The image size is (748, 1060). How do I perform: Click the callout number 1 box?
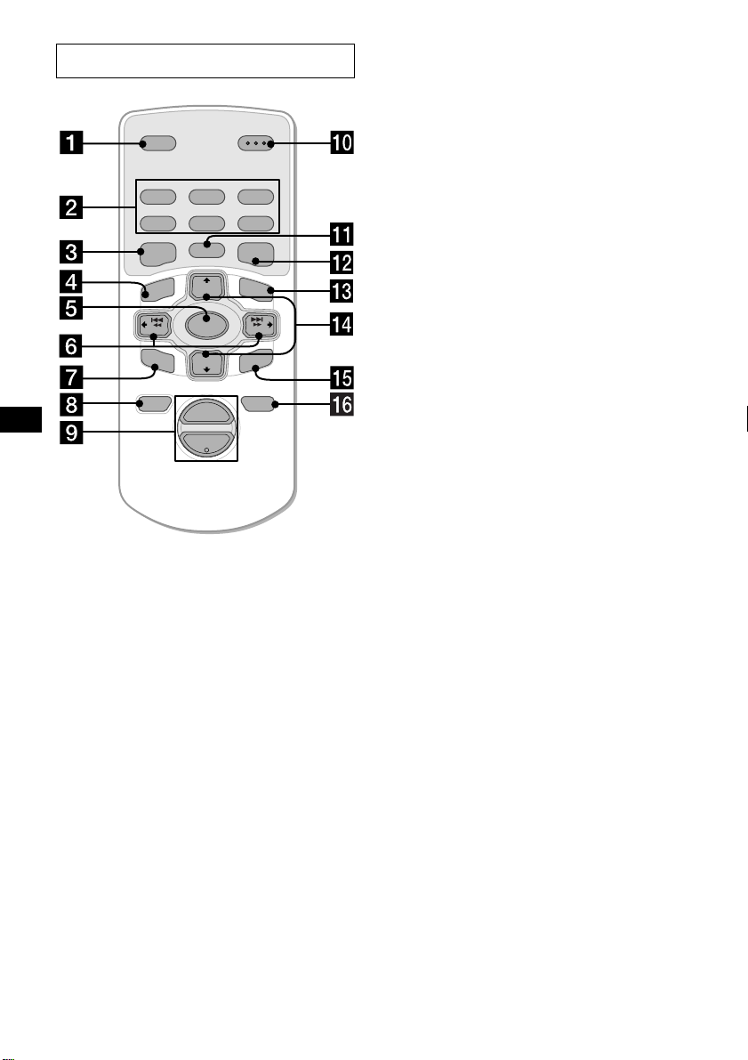[71, 142]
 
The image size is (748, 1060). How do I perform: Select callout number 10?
[342, 142]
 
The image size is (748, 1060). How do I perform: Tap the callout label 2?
[71, 206]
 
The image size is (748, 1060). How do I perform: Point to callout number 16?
[342, 404]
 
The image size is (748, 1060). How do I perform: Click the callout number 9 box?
[71, 432]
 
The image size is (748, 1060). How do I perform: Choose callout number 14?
[342, 325]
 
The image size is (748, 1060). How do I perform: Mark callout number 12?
[342, 263]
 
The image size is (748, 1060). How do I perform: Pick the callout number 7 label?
[71, 376]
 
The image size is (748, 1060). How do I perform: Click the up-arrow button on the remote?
[206, 286]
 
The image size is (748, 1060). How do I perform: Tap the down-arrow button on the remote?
[206, 363]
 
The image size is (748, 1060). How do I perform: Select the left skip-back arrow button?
[152, 325]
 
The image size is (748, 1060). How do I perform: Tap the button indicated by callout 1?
[159, 143]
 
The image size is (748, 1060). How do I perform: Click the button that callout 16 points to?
[258, 404]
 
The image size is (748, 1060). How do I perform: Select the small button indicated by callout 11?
[206, 249]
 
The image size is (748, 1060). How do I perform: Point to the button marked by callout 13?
[257, 288]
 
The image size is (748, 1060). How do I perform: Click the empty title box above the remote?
[205, 61]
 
